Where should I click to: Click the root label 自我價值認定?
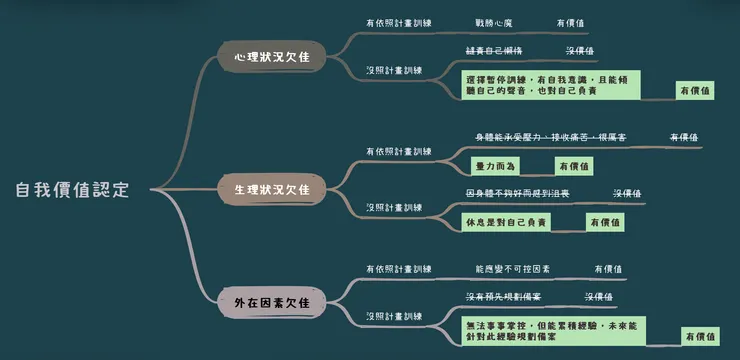pyautogui.click(x=72, y=190)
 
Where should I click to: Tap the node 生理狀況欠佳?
pyautogui.click(x=266, y=189)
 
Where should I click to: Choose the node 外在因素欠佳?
pyautogui.click(x=266, y=301)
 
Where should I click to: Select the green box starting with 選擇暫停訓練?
pyautogui.click(x=551, y=84)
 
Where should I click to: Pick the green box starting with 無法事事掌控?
pyautogui.click(x=555, y=332)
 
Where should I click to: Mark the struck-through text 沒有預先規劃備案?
pyautogui.click(x=504, y=297)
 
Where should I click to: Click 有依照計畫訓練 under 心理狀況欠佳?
pyautogui.click(x=399, y=21)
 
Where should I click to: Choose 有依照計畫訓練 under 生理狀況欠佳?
pyautogui.click(x=399, y=151)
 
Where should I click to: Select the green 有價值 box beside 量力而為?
pyautogui.click(x=574, y=166)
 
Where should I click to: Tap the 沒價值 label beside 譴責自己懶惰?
pyautogui.click(x=580, y=50)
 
